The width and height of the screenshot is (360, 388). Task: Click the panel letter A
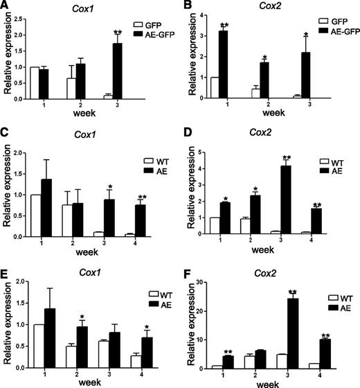[x=6, y=7]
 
